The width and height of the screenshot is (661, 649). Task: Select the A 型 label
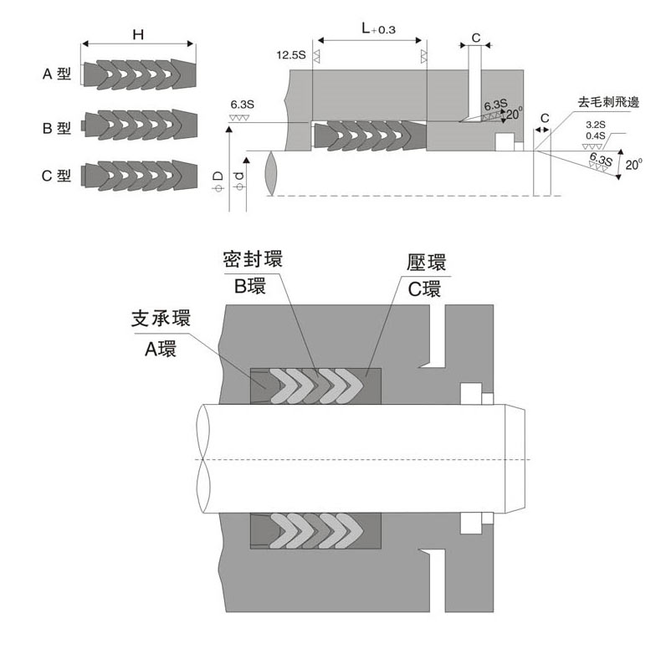[58, 74]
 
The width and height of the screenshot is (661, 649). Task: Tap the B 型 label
[58, 128]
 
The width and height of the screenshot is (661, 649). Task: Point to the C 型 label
[58, 176]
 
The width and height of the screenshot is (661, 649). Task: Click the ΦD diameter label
[218, 181]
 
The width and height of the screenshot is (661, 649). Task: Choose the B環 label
[249, 284]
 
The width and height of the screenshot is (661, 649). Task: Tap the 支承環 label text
[161, 319]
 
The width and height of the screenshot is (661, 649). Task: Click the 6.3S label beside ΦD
[242, 106]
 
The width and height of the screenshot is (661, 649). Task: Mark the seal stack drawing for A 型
[139, 74]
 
